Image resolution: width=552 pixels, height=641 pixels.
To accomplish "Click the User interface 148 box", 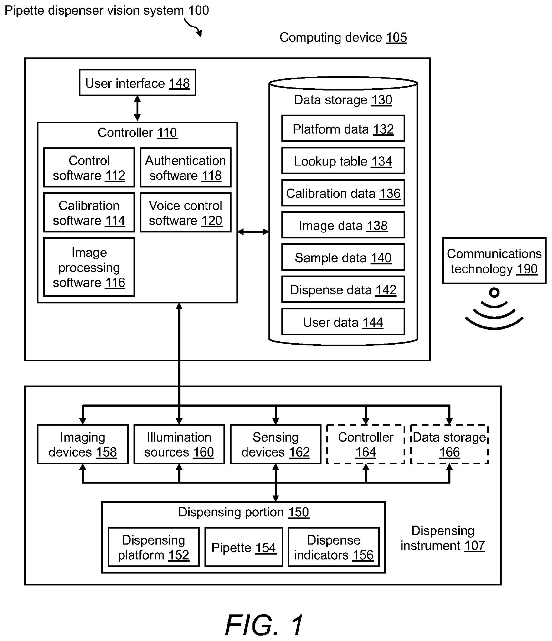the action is pos(137,83).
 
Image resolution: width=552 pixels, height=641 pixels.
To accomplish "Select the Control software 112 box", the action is pos(89,167).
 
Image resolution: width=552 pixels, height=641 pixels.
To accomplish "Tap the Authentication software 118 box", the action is pos(186,167).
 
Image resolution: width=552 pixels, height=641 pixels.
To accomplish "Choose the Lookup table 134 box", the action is pos(343,161).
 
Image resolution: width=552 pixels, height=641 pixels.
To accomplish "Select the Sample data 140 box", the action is pos(343,257).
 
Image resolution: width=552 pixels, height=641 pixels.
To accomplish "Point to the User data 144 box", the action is pos(343,322).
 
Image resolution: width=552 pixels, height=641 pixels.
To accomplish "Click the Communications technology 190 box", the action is pos(494,261).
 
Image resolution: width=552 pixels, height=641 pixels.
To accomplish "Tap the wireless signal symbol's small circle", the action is pos(494,292).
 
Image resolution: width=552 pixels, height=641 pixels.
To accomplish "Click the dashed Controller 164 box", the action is pos(366,444).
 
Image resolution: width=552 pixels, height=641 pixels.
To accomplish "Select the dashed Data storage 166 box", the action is pos(449,444).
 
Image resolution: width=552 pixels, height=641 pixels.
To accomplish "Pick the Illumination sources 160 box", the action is pos(179,444).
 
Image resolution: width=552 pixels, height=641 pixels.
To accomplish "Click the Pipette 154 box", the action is pos(244,547).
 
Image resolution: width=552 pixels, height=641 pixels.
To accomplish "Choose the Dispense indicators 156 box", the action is pos(334,547).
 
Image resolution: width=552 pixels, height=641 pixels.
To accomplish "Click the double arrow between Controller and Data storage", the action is pos(253,232).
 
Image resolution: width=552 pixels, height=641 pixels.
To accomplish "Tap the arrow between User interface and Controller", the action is pos(137,109).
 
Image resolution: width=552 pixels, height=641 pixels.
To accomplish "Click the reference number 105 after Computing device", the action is pos(397,38).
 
